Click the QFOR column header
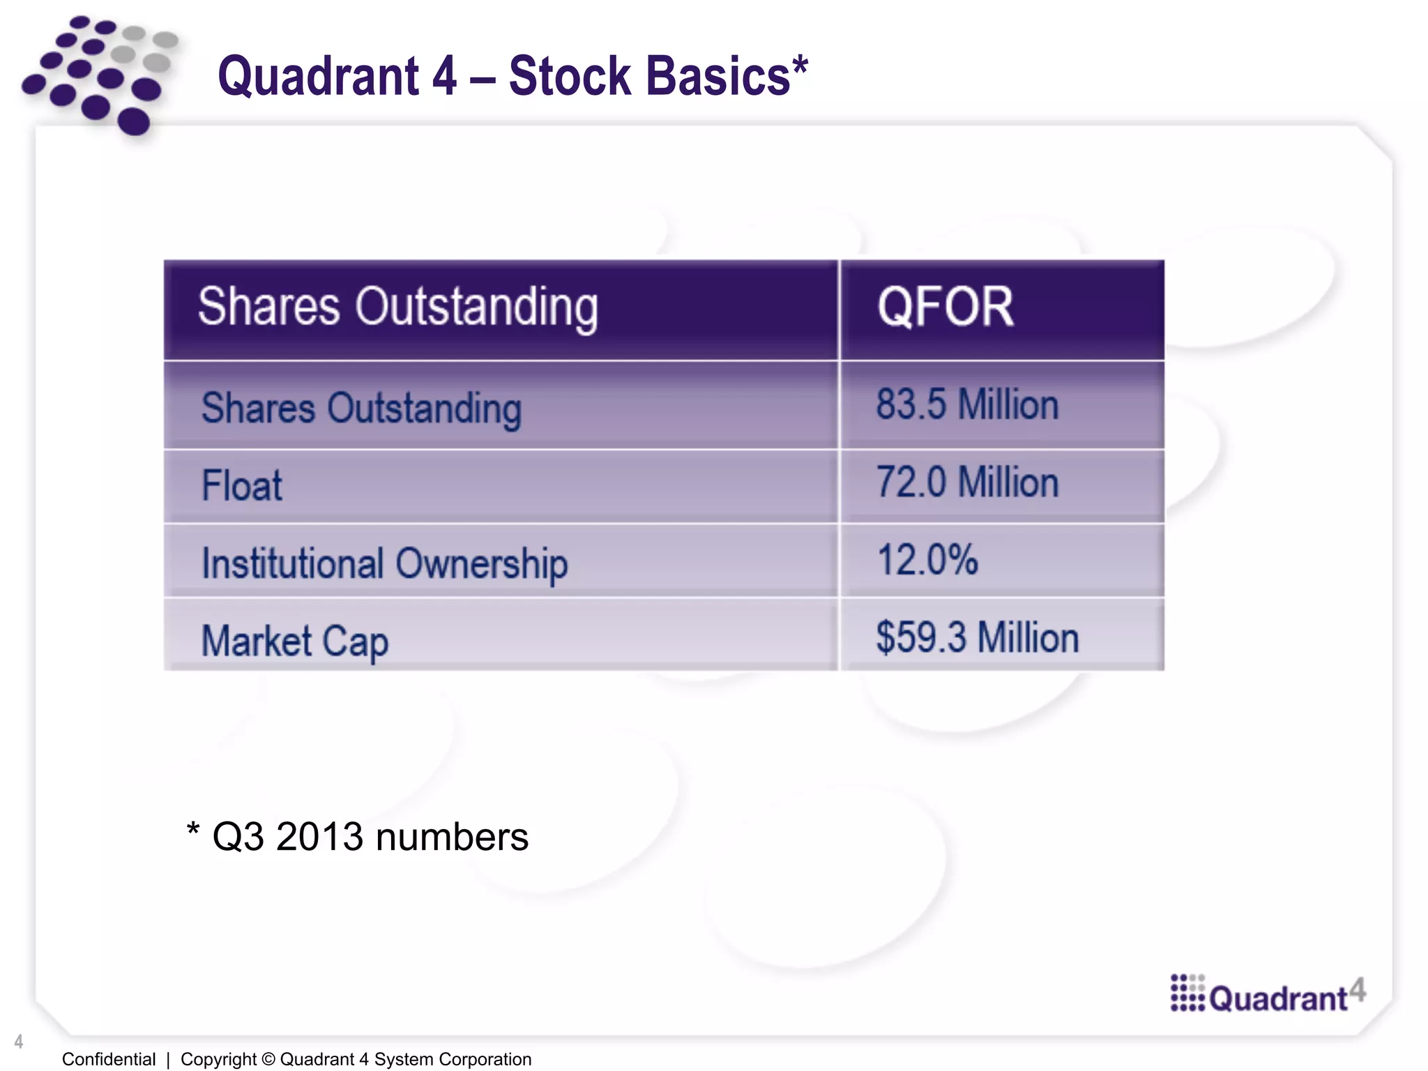945,307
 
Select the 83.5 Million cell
967,404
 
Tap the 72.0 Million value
967,483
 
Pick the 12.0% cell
927,560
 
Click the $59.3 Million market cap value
977,637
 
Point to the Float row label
241,485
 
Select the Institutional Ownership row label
384,563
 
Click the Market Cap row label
294,641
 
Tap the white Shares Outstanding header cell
397,307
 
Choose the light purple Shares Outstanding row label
361,408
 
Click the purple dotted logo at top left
98,73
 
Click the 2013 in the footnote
319,837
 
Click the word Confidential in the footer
109,1059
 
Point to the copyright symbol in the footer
268,1059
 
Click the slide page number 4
19,1042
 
